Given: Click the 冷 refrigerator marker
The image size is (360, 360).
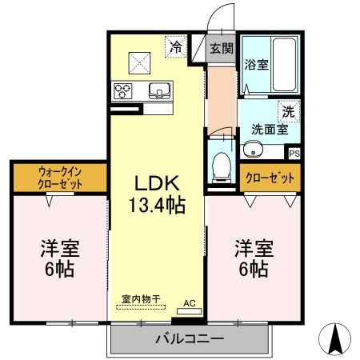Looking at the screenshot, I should tap(176, 47).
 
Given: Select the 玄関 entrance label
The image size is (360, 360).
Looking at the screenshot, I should tap(222, 48).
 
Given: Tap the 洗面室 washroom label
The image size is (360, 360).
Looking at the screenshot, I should tap(269, 128).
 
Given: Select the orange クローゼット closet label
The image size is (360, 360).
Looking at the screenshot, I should tap(270, 178).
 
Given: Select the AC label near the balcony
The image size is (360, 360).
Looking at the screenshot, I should tap(190, 303).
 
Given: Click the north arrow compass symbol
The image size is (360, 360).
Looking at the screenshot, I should tap(337, 339).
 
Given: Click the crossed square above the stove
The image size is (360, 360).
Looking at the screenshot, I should tap(142, 61).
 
